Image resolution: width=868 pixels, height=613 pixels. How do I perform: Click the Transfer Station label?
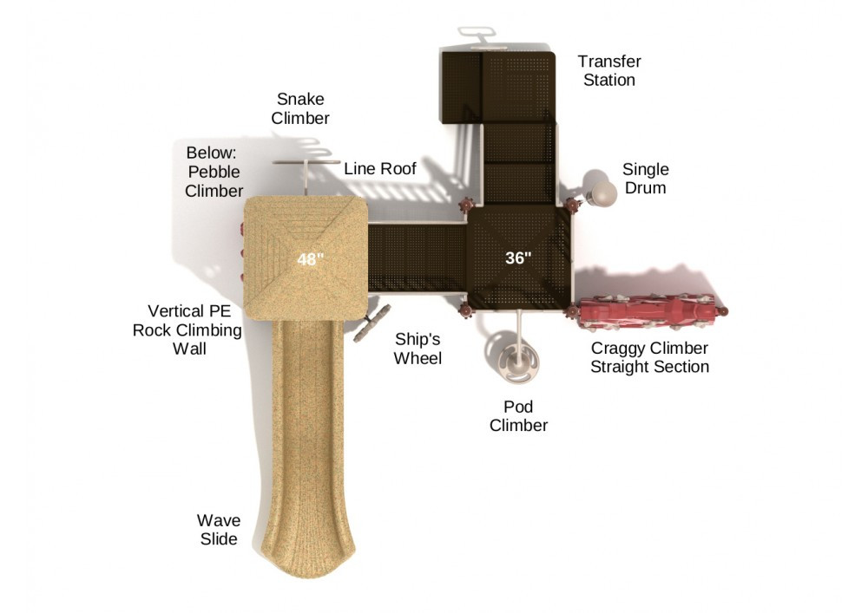point(609,70)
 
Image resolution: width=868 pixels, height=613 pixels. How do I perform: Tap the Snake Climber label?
point(300,108)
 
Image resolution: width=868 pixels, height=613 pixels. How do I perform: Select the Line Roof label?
point(380,168)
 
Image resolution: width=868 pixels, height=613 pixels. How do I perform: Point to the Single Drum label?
point(646,178)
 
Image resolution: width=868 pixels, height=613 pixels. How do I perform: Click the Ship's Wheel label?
point(418,349)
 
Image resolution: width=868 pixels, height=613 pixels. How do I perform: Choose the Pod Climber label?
point(519,415)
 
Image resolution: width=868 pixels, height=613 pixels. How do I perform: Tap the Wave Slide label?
point(219,529)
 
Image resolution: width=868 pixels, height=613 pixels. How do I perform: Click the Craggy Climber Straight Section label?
point(649,357)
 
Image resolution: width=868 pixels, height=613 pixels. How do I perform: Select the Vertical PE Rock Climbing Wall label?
point(187,329)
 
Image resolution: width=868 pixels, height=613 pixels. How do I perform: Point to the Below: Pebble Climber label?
point(214,172)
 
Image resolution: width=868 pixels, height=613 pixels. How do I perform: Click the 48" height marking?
point(310,259)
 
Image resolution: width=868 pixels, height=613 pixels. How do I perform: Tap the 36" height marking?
point(518,258)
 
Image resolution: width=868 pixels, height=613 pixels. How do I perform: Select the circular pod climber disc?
point(519,363)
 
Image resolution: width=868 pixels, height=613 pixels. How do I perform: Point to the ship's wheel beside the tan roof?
point(372,323)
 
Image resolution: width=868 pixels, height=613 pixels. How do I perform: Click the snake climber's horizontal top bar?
point(306,162)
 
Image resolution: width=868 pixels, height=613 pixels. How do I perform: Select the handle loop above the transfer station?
point(476,32)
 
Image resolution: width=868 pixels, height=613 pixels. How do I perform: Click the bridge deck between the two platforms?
point(418,258)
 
